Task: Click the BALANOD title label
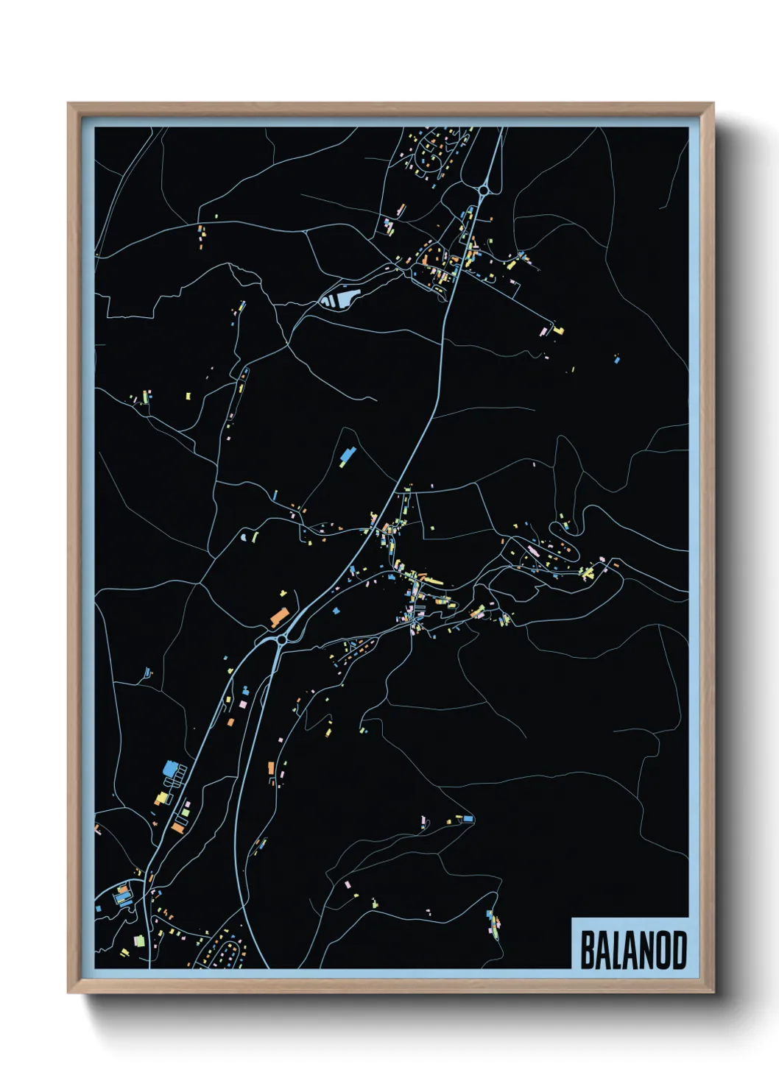pos(632,950)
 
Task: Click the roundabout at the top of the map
pos(483,191)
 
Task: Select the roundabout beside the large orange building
pos(281,640)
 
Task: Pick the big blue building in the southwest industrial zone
pos(170,769)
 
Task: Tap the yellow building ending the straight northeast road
pos(558,330)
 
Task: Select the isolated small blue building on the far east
pos(617,360)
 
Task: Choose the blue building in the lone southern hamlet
pos(468,818)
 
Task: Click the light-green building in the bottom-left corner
pos(138,940)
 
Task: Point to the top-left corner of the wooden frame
pos(69,104)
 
